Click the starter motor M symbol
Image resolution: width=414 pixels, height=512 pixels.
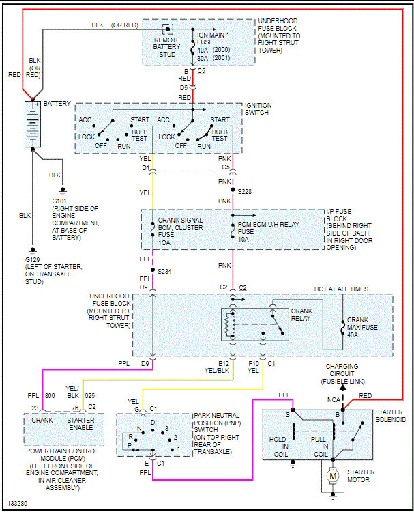[x=333, y=476]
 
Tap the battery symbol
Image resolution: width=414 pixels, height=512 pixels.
[x=33, y=124]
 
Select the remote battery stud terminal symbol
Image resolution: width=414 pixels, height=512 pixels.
[x=168, y=29]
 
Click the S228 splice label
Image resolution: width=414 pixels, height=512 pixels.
[x=245, y=192]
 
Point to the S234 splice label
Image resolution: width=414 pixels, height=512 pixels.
[x=164, y=271]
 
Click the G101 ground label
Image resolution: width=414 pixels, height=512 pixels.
[x=59, y=201]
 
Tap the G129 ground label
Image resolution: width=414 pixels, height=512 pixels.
[x=32, y=260]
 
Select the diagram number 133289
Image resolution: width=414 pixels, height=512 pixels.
[x=17, y=504]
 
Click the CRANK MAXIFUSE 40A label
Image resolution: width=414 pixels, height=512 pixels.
[x=362, y=327]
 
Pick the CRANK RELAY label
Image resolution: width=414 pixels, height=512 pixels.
[x=301, y=315]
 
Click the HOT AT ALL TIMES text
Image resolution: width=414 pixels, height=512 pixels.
[x=341, y=289]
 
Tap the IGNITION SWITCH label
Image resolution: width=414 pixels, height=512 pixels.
[x=258, y=109]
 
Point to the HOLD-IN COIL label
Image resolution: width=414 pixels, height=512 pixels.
[x=279, y=446]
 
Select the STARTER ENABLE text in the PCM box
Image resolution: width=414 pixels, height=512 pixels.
[x=80, y=424]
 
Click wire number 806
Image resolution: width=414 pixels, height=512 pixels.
[x=50, y=396]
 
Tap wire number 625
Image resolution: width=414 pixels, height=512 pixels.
[x=90, y=396]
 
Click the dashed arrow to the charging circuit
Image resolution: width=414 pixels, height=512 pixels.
[x=343, y=396]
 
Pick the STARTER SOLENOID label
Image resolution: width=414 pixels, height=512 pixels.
[x=391, y=416]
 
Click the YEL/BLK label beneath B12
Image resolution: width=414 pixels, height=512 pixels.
[x=217, y=371]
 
